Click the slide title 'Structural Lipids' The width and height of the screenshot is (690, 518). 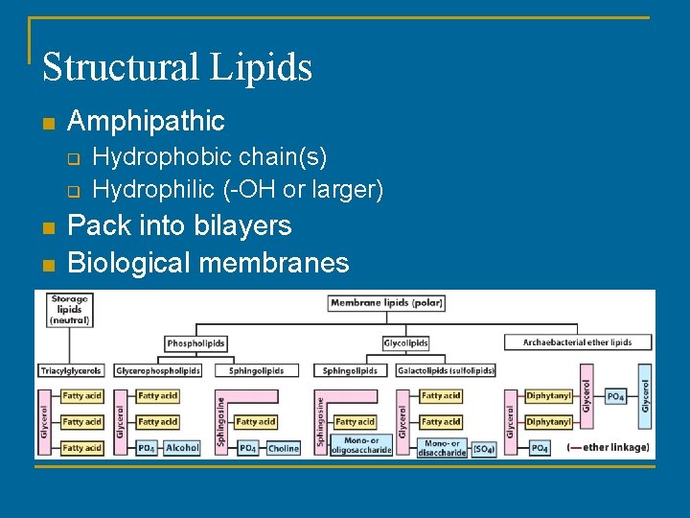click(177, 68)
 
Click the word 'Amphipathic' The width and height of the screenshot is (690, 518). click(146, 122)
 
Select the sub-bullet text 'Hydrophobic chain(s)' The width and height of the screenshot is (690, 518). click(209, 156)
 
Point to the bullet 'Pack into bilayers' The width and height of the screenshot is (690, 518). click(179, 225)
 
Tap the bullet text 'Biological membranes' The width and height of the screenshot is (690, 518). click(208, 262)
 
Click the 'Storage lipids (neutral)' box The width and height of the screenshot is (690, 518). click(69, 310)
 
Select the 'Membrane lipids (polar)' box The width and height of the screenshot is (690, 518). click(380, 303)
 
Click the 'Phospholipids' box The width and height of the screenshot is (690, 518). click(195, 342)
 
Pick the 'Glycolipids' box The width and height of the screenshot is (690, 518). click(405, 342)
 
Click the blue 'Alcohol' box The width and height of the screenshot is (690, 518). click(182, 448)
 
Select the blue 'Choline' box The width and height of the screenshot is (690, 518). click(283, 448)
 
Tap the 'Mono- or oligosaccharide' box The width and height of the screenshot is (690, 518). click(360, 446)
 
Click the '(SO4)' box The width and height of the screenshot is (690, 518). click(483, 448)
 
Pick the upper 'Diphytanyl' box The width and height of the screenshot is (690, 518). click(548, 395)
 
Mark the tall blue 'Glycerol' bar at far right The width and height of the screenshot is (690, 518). click(645, 395)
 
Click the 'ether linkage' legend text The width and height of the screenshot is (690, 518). click(609, 448)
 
